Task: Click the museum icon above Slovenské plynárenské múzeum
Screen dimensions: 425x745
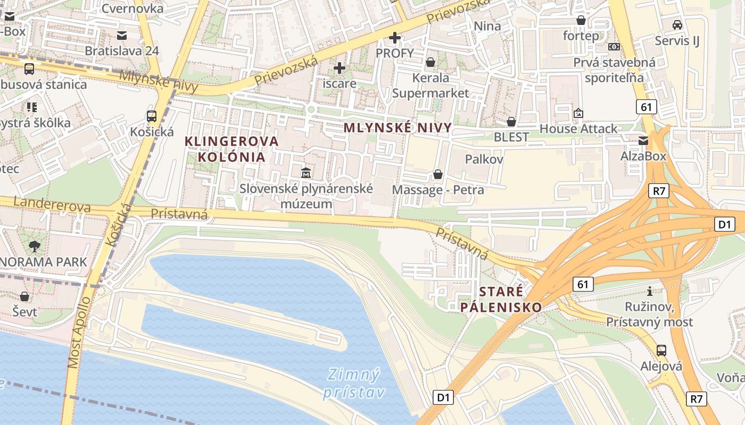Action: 306,173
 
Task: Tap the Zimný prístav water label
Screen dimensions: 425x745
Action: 353,384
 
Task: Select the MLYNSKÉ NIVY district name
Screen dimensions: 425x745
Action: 398,127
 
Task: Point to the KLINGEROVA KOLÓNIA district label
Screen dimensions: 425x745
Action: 231,149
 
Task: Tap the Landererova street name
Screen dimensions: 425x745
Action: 52,205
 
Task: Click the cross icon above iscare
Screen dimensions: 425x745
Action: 340,68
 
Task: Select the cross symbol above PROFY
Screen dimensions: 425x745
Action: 394,38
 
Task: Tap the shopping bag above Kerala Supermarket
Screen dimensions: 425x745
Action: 431,62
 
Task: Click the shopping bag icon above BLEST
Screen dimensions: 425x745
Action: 511,122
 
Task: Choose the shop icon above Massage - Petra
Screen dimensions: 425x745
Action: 438,174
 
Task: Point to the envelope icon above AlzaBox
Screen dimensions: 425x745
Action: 643,141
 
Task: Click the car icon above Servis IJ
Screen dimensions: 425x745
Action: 677,24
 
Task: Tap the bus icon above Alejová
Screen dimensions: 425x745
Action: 661,350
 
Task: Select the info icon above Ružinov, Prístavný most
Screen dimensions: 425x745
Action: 649,291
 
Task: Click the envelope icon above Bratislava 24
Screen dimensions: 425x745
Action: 122,36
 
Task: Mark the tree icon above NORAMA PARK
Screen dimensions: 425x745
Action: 35,246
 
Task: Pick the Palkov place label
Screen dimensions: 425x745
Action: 484,159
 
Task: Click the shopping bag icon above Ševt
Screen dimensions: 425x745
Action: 24,296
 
